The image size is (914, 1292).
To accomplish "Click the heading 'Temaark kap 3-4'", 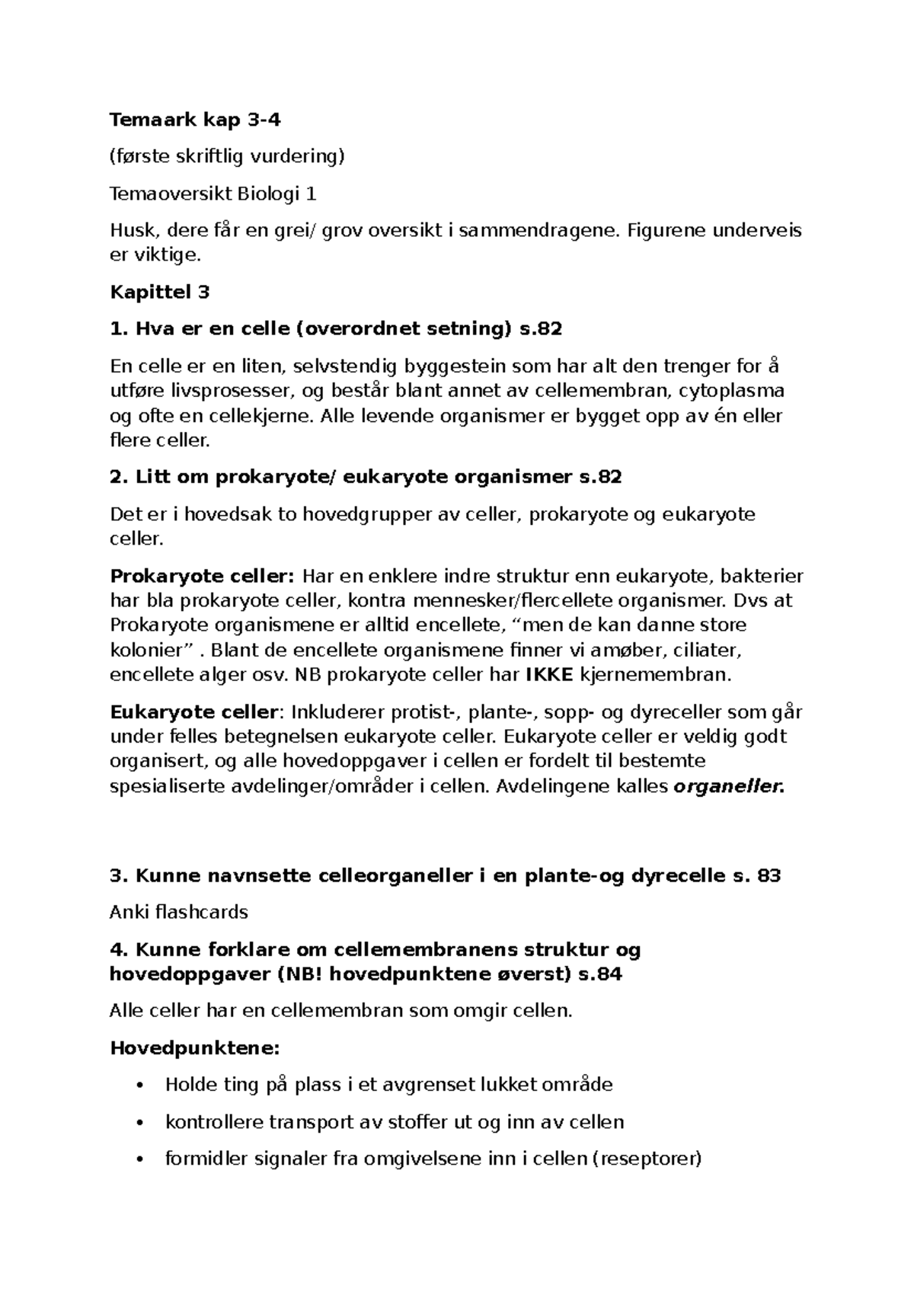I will tap(190, 120).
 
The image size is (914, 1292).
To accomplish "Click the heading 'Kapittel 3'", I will tap(159, 292).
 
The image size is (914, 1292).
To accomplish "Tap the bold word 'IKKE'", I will tap(551, 674).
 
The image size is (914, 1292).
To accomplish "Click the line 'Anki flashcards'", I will tap(179, 912).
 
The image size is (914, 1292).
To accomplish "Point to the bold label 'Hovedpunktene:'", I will tap(195, 1048).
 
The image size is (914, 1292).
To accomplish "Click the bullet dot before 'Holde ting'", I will tap(138, 1085).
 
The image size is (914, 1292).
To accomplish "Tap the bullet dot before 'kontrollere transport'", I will tap(138, 1122).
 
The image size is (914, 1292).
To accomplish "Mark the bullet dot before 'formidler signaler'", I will tap(138, 1159).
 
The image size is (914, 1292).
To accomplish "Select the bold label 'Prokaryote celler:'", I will tap(203, 575).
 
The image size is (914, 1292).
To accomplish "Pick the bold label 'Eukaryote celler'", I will tap(193, 712).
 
